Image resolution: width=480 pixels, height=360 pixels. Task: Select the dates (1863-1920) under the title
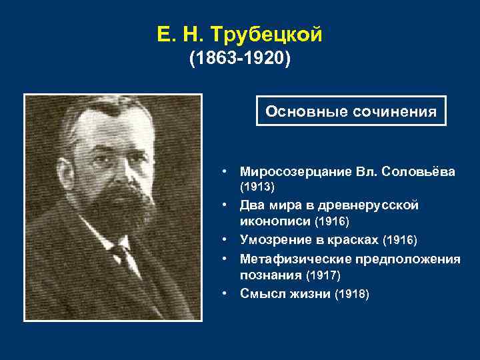tap(240, 61)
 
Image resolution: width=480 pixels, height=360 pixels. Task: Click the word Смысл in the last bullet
tap(261, 293)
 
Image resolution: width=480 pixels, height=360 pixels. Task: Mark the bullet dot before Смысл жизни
tap(227, 293)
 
